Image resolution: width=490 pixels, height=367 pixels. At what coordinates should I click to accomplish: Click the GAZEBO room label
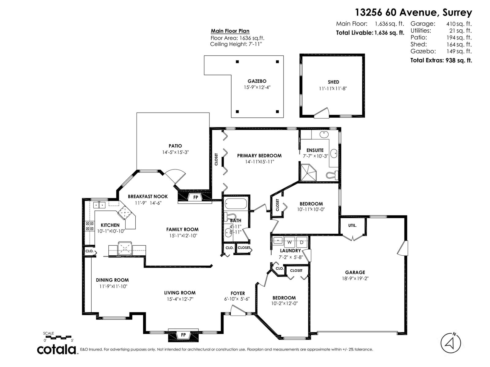pyautogui.click(x=257, y=81)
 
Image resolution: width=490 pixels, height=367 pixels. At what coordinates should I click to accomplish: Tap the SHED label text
pyautogui.click(x=333, y=82)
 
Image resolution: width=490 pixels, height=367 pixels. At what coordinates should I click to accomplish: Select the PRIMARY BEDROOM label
pyautogui.click(x=259, y=156)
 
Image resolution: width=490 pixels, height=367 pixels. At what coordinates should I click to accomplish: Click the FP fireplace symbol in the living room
pyautogui.click(x=183, y=335)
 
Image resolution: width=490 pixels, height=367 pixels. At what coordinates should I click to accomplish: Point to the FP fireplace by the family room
pyautogui.click(x=196, y=197)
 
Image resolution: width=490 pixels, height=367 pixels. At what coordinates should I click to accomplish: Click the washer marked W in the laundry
pyautogui.click(x=289, y=242)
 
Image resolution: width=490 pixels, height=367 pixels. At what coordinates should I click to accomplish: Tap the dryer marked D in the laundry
pyautogui.click(x=301, y=242)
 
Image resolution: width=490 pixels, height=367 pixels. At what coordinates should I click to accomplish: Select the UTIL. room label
pyautogui.click(x=352, y=225)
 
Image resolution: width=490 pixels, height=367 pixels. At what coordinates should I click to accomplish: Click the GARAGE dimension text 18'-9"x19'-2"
pyautogui.click(x=355, y=279)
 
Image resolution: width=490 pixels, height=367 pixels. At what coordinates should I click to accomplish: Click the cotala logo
pyautogui.click(x=57, y=350)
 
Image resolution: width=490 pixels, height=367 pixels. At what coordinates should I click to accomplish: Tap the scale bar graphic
pyautogui.click(x=57, y=337)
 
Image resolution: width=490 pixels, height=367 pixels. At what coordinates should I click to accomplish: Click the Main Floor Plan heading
pyautogui.click(x=230, y=31)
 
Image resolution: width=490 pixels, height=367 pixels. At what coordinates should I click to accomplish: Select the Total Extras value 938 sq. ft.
pyautogui.click(x=459, y=60)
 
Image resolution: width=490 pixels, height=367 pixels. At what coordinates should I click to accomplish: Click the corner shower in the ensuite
pyautogui.click(x=308, y=173)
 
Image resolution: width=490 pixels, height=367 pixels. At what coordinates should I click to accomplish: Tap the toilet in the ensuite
pyautogui.click(x=332, y=175)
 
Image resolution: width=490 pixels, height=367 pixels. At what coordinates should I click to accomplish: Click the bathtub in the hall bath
pyautogui.click(x=236, y=203)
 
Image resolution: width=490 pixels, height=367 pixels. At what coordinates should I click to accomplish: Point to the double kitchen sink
pyautogui.click(x=99, y=205)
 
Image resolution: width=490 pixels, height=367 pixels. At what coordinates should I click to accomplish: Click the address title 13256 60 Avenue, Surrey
pyautogui.click(x=413, y=13)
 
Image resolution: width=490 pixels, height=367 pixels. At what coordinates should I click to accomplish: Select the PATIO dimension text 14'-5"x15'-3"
pyautogui.click(x=175, y=152)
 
